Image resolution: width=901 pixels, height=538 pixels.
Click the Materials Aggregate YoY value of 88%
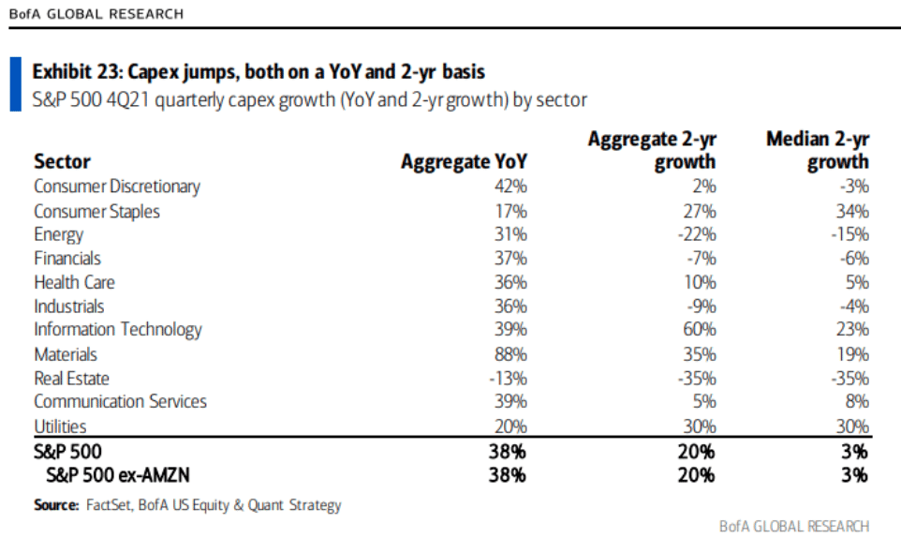tap(510, 354)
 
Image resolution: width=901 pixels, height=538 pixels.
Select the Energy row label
tap(59, 234)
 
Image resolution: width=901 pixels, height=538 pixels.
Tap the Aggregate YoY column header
tap(464, 161)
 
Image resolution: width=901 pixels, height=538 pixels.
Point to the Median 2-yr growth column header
tap(817, 150)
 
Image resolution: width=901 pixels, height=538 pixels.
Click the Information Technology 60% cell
tap(699, 330)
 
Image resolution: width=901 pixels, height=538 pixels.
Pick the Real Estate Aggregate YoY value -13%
tap(508, 379)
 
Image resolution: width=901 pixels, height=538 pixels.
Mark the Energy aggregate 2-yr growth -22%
tap(696, 234)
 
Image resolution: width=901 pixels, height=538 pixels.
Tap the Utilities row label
tap(60, 426)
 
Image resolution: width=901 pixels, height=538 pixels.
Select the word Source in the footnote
tap(55, 505)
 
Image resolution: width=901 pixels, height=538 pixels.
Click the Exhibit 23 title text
tap(258, 72)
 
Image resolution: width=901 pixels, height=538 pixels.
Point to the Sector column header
tap(62, 161)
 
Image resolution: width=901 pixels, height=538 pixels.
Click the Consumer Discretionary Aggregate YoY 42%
tap(510, 187)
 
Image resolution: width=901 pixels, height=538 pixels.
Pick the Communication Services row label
tap(120, 401)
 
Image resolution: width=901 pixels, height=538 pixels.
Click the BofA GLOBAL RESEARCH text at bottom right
tap(794, 526)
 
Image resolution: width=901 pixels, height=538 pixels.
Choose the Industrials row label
tap(69, 306)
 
